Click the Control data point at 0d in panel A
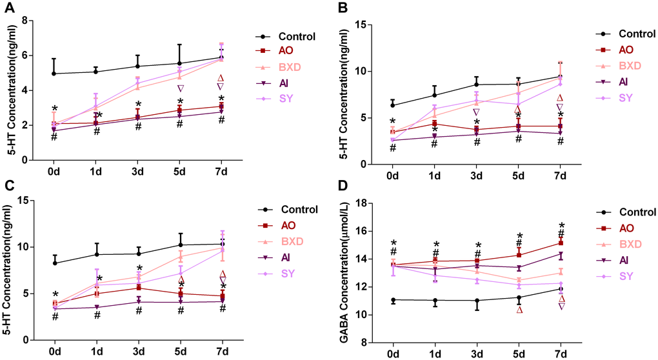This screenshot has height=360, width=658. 54,74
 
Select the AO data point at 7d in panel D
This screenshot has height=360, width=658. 561,243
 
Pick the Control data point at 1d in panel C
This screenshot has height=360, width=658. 97,254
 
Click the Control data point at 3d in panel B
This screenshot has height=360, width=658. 477,85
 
